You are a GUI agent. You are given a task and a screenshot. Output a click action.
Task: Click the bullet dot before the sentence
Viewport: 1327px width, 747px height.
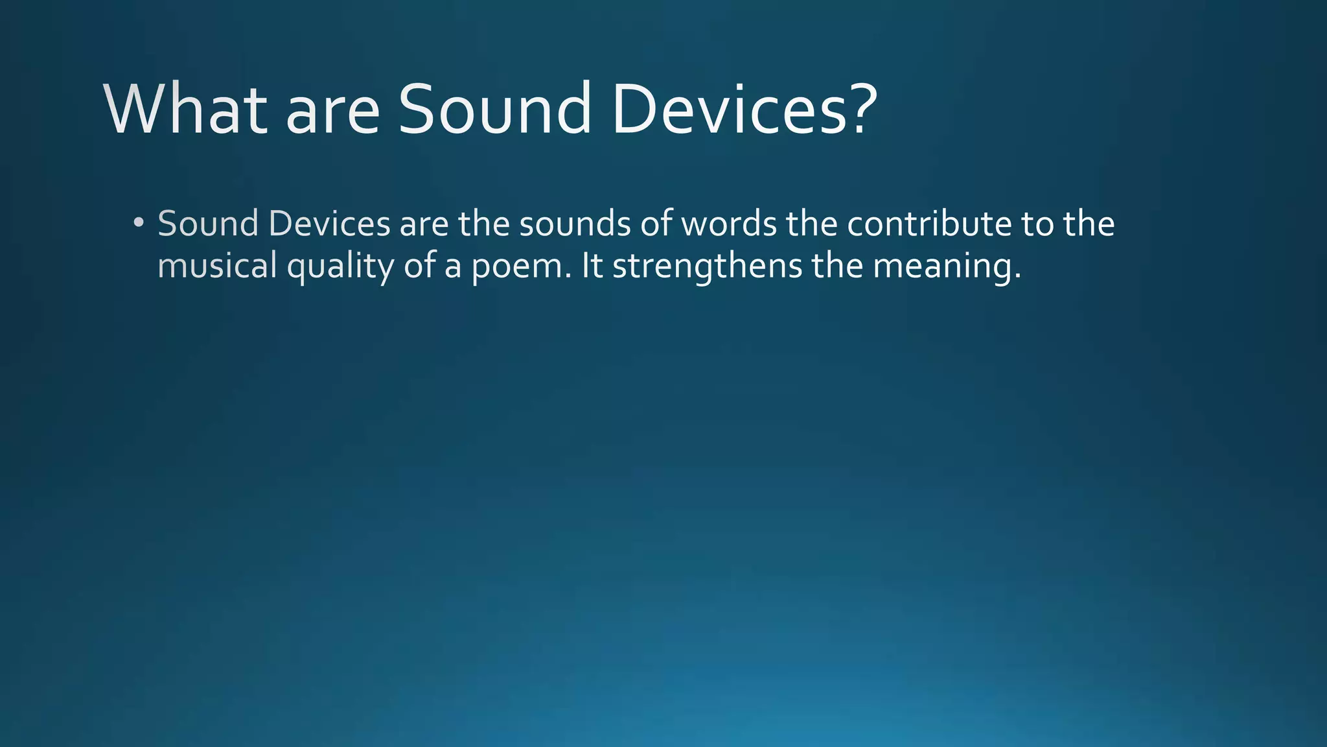[x=137, y=224]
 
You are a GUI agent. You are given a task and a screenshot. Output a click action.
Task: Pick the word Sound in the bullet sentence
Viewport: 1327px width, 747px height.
[x=208, y=224]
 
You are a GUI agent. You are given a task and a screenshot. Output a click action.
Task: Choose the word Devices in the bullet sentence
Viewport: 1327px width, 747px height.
[x=329, y=224]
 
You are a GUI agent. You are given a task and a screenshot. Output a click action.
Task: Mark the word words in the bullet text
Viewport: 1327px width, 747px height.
[x=729, y=224]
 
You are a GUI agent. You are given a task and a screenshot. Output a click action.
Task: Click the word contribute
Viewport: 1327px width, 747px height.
[x=929, y=224]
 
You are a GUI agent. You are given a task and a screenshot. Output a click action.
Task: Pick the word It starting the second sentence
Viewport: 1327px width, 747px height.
[x=592, y=266]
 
